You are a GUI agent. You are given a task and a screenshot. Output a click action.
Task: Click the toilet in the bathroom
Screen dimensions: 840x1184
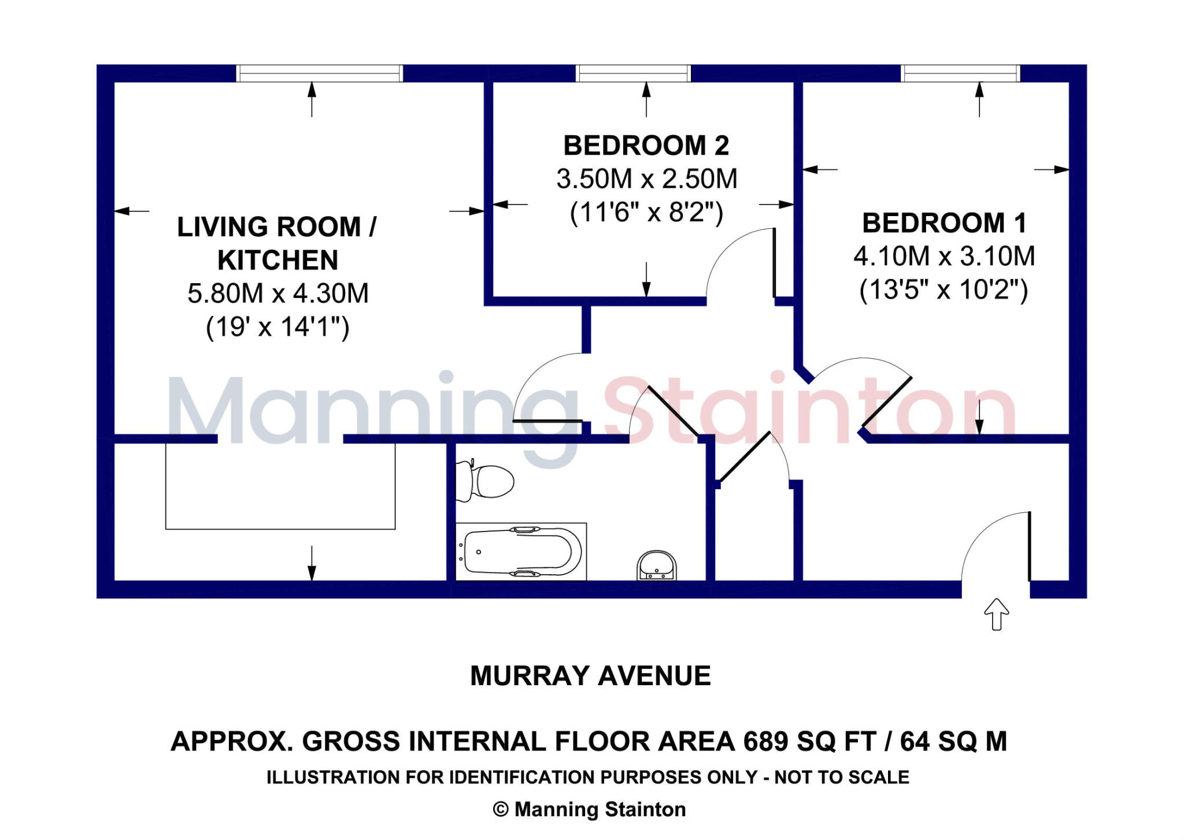coord(489,481)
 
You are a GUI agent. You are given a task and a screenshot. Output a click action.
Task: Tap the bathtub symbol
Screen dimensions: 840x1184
coord(521,551)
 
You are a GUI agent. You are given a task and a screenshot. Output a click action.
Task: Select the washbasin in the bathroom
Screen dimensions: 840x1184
coord(656,565)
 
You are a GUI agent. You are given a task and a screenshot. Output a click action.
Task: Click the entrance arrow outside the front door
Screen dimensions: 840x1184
coord(996,614)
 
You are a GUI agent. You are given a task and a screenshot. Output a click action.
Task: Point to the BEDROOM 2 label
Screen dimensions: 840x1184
coord(646,145)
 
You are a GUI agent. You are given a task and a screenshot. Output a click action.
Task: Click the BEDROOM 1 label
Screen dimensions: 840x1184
coord(943,223)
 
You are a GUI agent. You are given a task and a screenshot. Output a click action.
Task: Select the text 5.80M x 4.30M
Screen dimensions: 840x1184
coord(277,293)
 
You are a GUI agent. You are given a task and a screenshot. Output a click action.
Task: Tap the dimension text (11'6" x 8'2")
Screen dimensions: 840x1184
coord(646,212)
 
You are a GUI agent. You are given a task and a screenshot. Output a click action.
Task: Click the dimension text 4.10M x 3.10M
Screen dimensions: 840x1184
coord(943,256)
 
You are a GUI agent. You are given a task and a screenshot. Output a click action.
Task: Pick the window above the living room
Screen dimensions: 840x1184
coord(319,73)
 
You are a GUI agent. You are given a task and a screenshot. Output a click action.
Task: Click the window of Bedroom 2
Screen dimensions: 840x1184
coord(633,73)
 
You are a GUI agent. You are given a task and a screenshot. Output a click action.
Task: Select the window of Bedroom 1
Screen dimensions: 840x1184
coord(960,73)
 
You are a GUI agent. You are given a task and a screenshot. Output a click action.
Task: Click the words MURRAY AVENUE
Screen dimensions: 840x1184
coord(590,676)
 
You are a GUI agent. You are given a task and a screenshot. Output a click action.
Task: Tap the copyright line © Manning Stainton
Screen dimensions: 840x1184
coord(589,809)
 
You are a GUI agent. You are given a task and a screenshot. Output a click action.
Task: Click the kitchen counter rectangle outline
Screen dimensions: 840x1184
coord(280,528)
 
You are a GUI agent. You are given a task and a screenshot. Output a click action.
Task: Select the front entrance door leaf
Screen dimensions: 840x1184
coord(1029,546)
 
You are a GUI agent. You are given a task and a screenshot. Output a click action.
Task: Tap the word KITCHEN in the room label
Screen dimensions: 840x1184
coord(277,260)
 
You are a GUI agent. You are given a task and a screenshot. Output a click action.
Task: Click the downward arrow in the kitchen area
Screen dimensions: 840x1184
coord(312,563)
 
